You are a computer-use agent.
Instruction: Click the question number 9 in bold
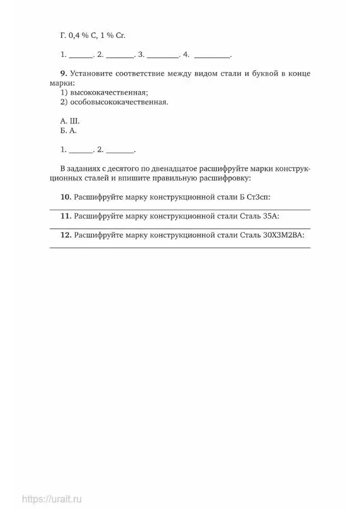pos(63,74)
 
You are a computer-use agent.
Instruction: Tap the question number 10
pos(65,197)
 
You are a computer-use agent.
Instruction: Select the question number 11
pos(65,216)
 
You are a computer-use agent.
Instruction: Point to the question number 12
pos(65,235)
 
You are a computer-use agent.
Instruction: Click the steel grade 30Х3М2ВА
pos(283,235)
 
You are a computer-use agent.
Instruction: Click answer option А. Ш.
pos(70,120)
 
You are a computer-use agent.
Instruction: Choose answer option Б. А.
pos(69,129)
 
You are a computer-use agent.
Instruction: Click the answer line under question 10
pos(179,209)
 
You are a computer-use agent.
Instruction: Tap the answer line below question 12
pos(179,247)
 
